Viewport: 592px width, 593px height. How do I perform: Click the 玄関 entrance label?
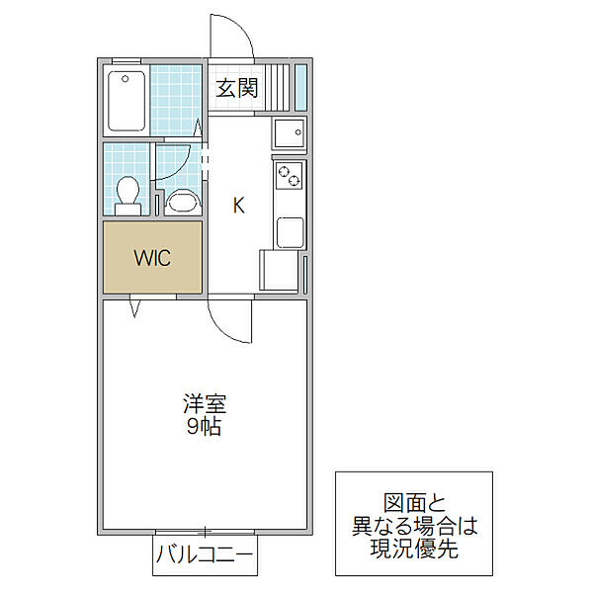[237, 88]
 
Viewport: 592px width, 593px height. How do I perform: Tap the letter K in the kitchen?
[238, 206]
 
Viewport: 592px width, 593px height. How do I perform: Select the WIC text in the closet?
[153, 258]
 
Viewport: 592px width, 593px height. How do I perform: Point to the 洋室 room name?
[204, 404]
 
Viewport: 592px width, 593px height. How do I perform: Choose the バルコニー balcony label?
[205, 558]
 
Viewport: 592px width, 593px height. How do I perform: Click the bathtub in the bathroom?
[126, 100]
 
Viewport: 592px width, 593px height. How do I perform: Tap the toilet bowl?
[127, 194]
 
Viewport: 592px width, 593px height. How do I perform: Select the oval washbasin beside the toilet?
[183, 202]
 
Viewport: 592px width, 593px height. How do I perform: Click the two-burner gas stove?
[289, 176]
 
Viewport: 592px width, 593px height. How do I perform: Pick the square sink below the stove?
[290, 232]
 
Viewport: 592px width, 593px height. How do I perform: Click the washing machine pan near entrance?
[289, 133]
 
